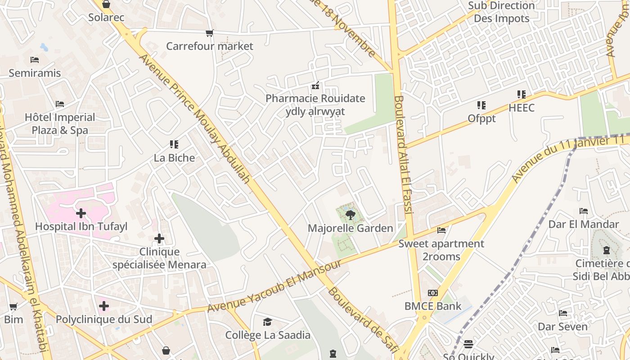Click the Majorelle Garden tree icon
coord(350,215)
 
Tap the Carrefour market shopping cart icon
coord(209,33)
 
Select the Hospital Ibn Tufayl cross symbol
coord(81,213)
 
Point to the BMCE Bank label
coord(432,306)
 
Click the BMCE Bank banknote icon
coord(432,293)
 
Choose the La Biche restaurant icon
coord(174,144)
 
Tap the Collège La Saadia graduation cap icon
coord(268,322)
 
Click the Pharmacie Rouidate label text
coord(315,98)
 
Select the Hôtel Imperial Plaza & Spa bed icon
coord(60,104)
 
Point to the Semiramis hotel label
coord(35,73)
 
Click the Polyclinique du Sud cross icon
coord(104,306)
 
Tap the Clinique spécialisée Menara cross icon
coord(159,238)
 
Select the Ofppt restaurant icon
coord(481,105)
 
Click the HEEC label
coord(522,108)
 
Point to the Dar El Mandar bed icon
coord(584,211)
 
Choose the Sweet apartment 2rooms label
coord(441,250)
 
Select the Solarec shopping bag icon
coord(106,4)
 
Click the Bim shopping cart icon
coord(13,307)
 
